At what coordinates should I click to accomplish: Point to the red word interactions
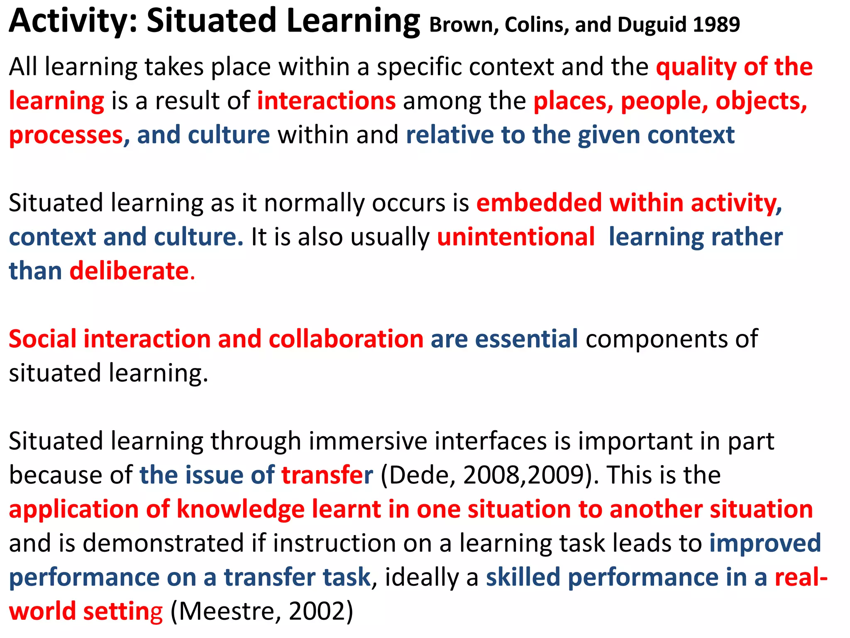click(x=326, y=101)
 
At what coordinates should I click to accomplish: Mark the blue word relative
click(x=450, y=135)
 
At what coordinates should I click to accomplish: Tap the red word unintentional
click(x=516, y=238)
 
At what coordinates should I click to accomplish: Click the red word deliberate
click(x=129, y=272)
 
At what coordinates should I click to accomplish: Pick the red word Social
click(x=42, y=339)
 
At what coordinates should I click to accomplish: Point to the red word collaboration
click(x=346, y=339)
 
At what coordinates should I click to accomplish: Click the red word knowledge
click(x=240, y=509)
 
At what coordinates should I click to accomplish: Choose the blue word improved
click(x=765, y=543)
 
